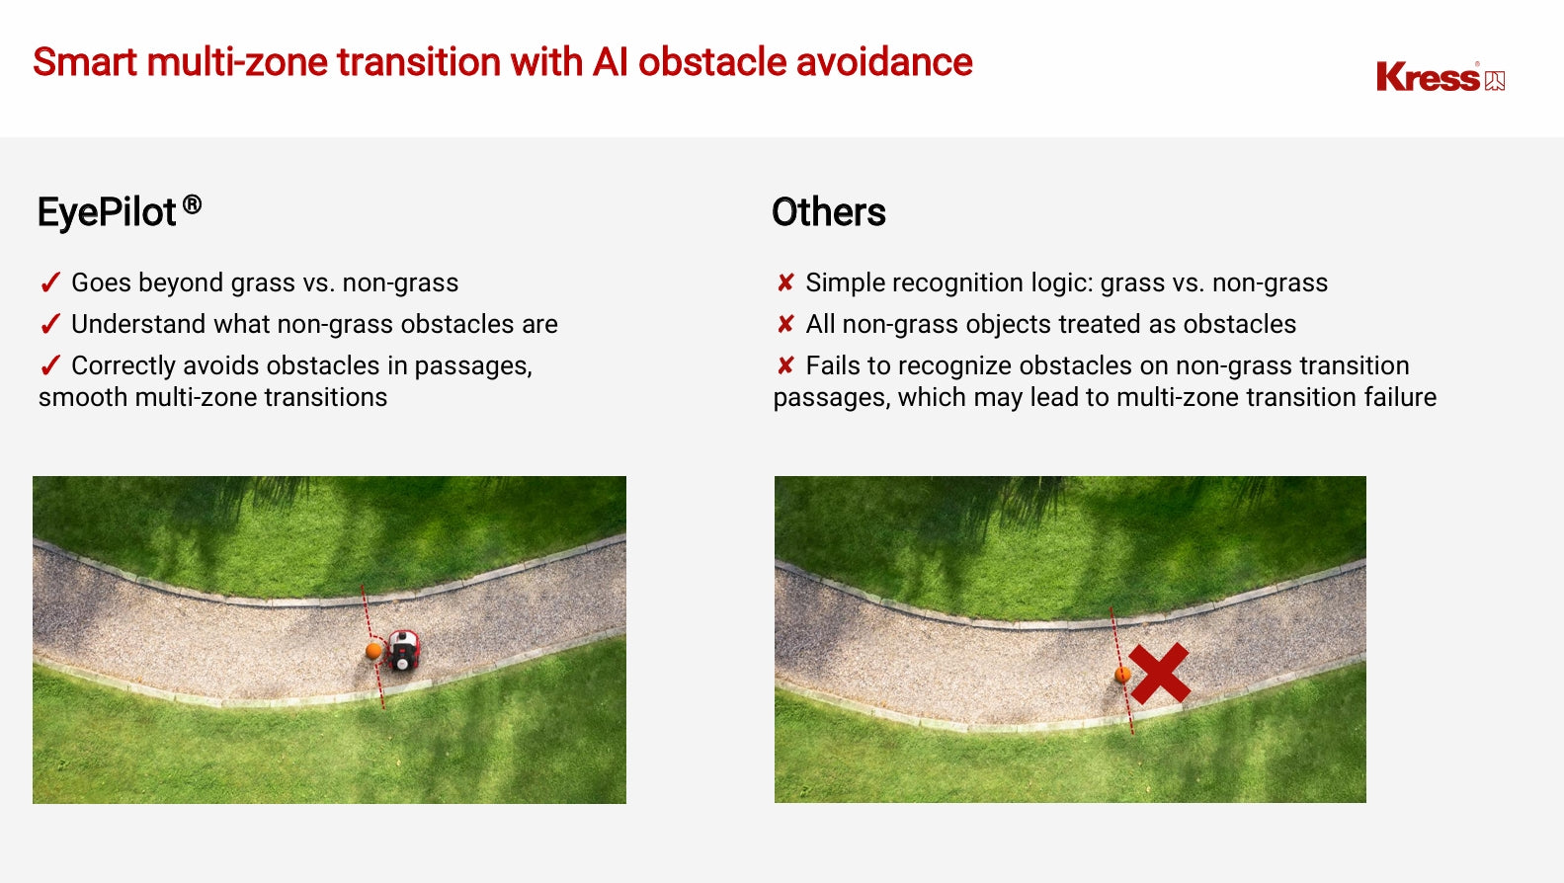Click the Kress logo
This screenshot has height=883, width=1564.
tap(1440, 77)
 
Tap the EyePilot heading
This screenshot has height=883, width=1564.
tap(120, 211)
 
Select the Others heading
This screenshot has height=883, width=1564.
tap(829, 211)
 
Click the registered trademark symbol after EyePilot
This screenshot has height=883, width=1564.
tap(192, 204)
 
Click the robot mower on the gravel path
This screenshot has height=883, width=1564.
tap(403, 650)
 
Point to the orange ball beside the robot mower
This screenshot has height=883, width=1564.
tap(374, 651)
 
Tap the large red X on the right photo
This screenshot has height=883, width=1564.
tap(1159, 673)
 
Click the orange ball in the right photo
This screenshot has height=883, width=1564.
tap(1122, 675)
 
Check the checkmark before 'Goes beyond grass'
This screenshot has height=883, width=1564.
tap(50, 282)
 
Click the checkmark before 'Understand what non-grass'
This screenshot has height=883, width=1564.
tap(50, 324)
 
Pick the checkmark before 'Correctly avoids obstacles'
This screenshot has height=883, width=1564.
tap(50, 365)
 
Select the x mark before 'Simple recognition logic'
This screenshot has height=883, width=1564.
tap(785, 282)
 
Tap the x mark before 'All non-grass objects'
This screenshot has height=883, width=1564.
tap(785, 324)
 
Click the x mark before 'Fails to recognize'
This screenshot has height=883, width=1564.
tap(785, 365)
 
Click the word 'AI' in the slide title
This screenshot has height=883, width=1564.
tap(610, 62)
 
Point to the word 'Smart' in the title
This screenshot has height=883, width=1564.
tap(85, 62)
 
